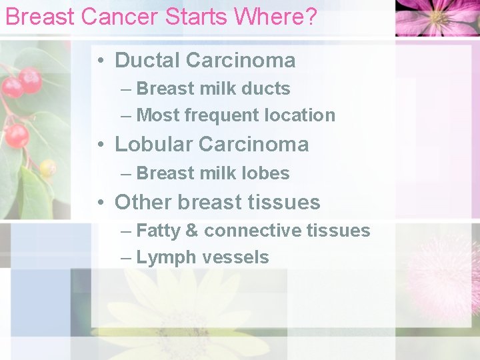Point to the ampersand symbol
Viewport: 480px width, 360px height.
(192, 231)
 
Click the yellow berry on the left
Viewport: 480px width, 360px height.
(47, 168)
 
